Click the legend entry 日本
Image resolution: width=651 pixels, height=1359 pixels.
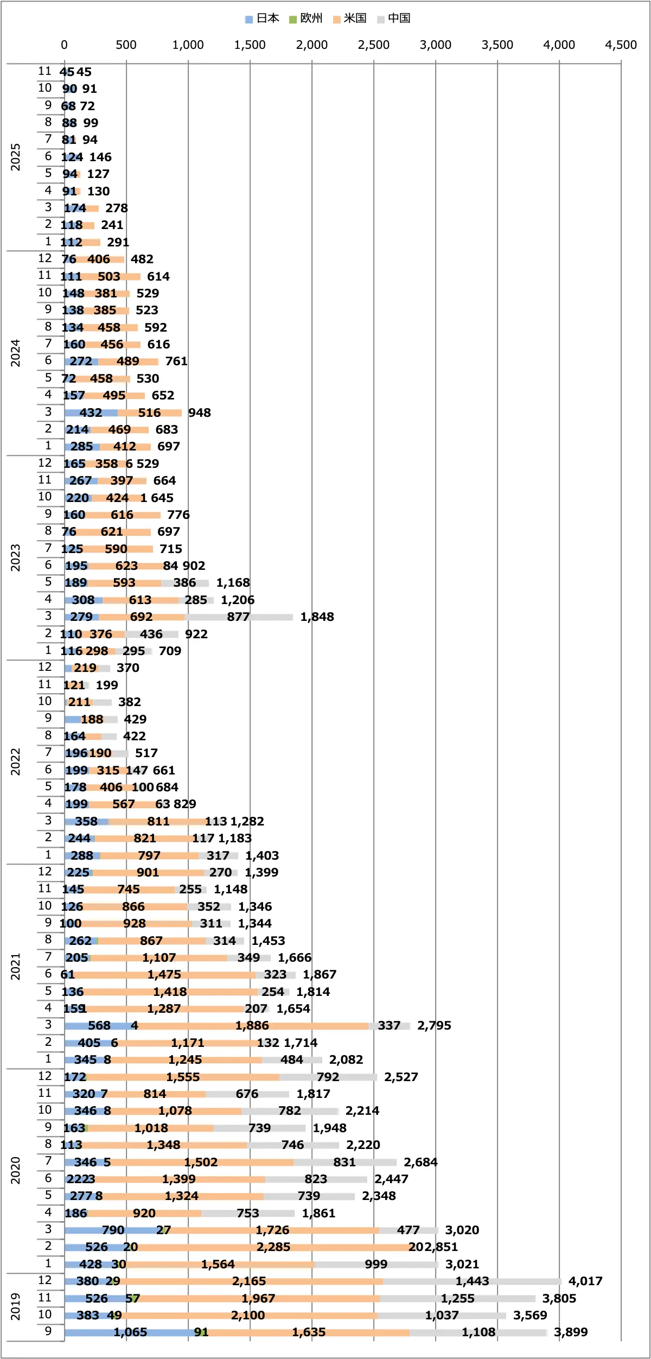[x=263, y=18]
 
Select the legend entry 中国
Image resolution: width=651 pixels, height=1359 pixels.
[x=394, y=18]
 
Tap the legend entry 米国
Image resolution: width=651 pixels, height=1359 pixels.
[x=350, y=18]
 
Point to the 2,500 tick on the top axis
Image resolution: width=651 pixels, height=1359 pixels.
[x=373, y=45]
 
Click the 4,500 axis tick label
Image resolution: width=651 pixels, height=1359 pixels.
[x=621, y=45]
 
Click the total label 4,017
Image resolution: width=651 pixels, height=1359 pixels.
[x=585, y=1281]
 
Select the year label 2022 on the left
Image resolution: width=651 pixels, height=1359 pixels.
[x=15, y=761]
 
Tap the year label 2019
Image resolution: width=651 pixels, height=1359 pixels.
[x=15, y=1307]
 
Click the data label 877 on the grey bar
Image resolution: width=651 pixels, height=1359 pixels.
[x=238, y=617]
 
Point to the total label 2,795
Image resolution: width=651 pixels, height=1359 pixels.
[x=434, y=1026]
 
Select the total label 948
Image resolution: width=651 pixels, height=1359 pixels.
[x=199, y=412]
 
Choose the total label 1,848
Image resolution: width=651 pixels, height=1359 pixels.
[x=317, y=617]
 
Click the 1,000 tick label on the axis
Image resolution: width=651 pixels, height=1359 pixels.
[x=188, y=45]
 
